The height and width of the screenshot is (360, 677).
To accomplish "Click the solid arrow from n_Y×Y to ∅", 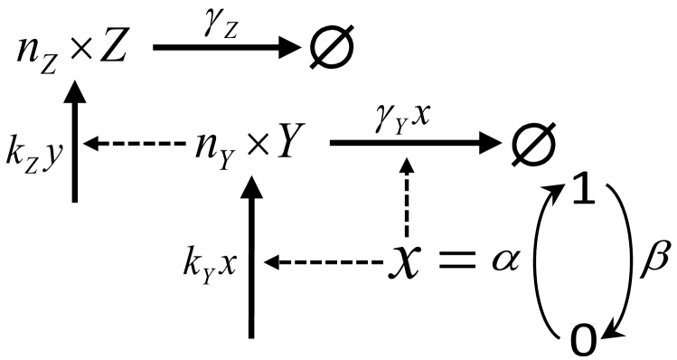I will pyautogui.click(x=416, y=143).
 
